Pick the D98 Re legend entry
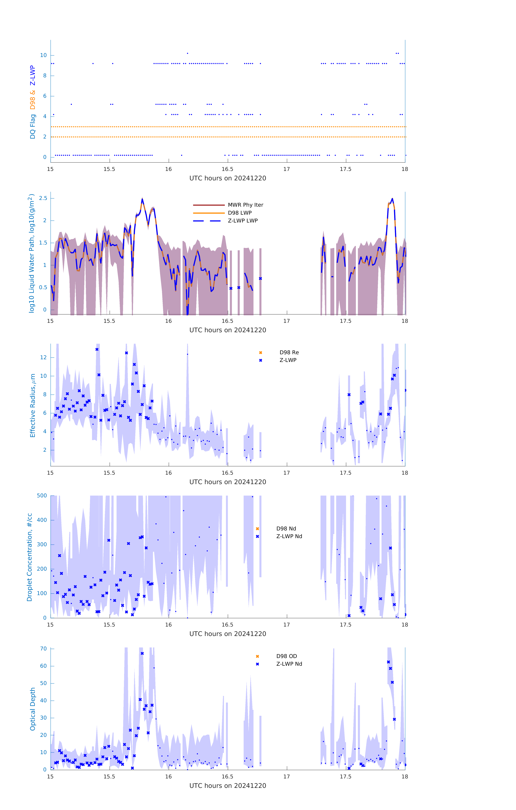click(289, 352)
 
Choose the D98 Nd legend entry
click(286, 529)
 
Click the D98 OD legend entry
click(286, 656)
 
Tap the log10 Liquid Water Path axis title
click(32, 253)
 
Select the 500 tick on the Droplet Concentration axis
click(42, 495)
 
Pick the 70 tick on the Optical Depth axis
click(43, 649)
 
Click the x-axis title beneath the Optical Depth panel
click(228, 786)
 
